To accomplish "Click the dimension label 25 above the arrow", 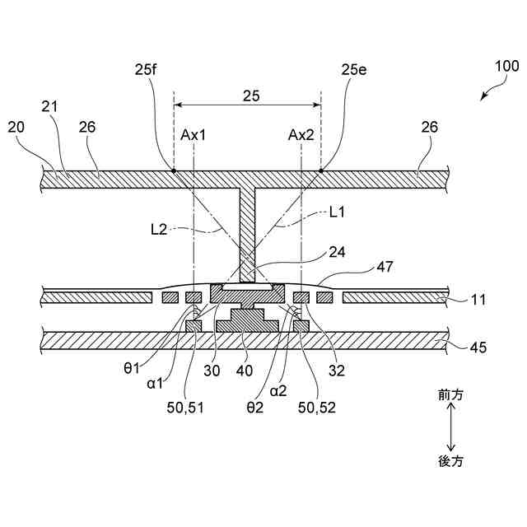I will [x=251, y=96].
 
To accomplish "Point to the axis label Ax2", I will [x=301, y=135].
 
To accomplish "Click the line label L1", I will [x=336, y=213].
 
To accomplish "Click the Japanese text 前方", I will [x=451, y=395].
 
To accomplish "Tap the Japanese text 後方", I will [x=451, y=461].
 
